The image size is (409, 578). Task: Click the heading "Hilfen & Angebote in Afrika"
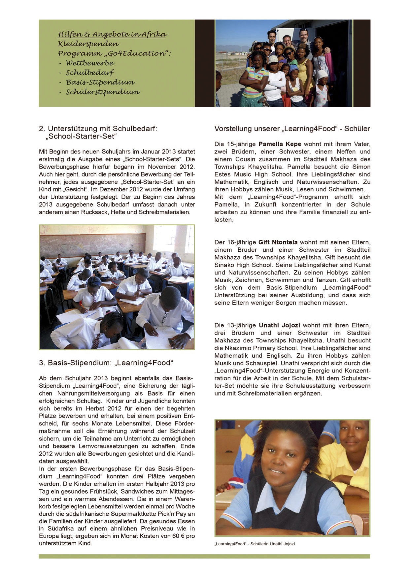[x=112, y=34]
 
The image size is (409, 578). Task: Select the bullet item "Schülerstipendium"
[x=103, y=92]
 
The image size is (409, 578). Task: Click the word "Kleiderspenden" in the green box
[x=88, y=44]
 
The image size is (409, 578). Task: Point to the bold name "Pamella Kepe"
[x=280, y=144]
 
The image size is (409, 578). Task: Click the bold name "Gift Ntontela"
[x=278, y=242]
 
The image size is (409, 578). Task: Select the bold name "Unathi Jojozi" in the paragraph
[x=279, y=325]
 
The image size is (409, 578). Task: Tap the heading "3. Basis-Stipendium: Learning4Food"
[x=106, y=363]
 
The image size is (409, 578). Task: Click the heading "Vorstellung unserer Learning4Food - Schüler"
[x=292, y=129]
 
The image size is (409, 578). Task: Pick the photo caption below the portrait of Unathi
[x=254, y=544]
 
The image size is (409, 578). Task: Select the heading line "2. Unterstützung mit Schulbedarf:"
[x=98, y=129]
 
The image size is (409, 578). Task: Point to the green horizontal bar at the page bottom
[x=204, y=556]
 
